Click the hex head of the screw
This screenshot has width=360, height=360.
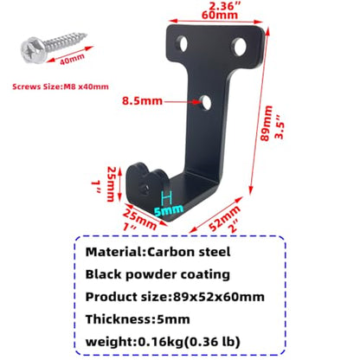click(33, 50)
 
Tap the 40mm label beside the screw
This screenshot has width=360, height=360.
click(72, 59)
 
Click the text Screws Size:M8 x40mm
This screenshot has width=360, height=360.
click(61, 87)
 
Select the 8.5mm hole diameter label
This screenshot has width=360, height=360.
click(142, 101)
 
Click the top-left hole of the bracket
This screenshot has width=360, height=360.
click(182, 43)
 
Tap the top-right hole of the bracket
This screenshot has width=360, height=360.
click(240, 47)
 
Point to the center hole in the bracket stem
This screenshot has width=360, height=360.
click(206, 103)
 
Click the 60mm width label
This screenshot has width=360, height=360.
click(220, 15)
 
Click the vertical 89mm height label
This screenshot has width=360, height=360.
click(266, 123)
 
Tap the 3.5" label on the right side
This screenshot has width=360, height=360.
click(280, 126)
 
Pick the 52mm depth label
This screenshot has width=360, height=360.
click(224, 218)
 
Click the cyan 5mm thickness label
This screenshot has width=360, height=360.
click(169, 210)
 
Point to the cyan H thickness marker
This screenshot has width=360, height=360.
click(167, 198)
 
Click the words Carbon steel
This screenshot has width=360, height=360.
click(189, 252)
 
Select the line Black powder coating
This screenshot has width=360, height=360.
click(157, 274)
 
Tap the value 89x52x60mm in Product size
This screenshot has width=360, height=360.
click(219, 297)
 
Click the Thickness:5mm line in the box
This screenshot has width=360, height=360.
click(138, 319)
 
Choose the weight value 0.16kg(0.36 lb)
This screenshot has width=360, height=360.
click(190, 342)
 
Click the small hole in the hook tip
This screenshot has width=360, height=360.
click(145, 189)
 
